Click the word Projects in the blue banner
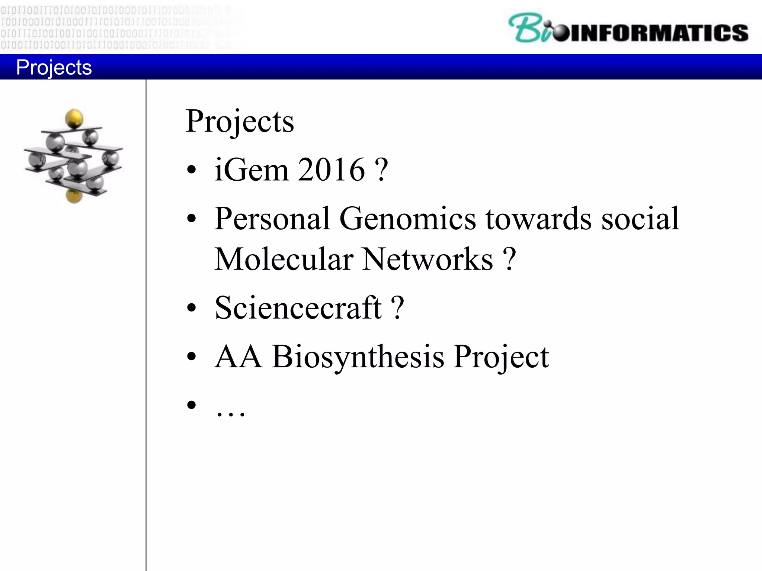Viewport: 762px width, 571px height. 54,67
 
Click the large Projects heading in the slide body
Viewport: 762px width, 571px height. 240,122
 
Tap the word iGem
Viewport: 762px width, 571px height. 251,170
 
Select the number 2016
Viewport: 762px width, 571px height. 331,170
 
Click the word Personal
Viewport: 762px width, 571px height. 272,219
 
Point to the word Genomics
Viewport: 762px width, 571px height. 407,219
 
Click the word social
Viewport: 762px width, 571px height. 640,219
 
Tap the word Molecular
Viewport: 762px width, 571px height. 284,259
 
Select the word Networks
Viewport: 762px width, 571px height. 428,259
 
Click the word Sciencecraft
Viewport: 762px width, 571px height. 298,308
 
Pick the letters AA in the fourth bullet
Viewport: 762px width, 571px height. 238,357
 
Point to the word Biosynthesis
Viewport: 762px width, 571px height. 358,357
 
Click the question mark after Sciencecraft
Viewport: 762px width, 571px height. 398,308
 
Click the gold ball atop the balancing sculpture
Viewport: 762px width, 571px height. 74,118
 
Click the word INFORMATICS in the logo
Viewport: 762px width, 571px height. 659,33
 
